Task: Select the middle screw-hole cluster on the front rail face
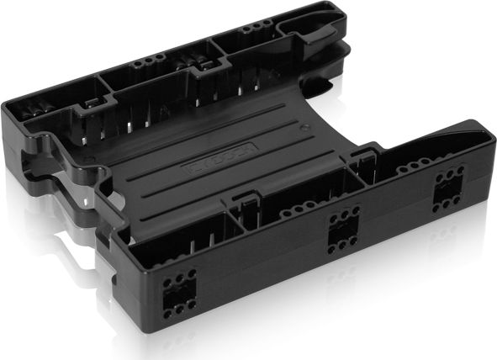click(x=343, y=228)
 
